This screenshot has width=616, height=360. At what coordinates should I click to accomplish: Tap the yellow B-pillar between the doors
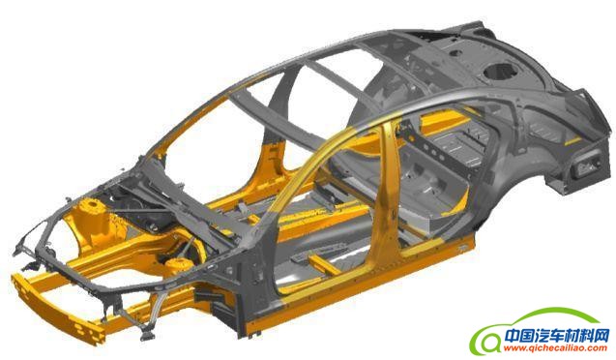point(387,189)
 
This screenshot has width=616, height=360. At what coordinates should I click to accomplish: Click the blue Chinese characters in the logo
point(557,336)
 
